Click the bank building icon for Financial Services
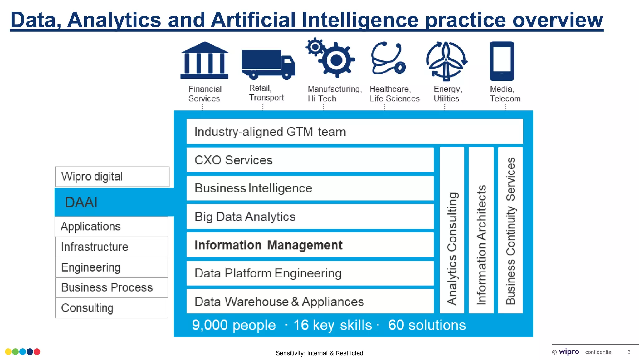coord(204,60)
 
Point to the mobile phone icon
coord(502,61)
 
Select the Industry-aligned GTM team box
coord(354,132)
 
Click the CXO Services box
coord(310,160)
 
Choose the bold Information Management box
coord(310,245)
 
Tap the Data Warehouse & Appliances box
coord(310,302)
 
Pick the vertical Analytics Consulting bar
coord(452,230)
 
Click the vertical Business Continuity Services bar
coord(510,230)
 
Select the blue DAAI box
coord(114,202)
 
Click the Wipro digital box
coord(112,177)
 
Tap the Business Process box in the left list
coord(111,287)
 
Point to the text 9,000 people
coord(234,325)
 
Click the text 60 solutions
coord(427,325)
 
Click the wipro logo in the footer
coord(569,352)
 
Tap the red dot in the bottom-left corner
coord(37,352)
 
